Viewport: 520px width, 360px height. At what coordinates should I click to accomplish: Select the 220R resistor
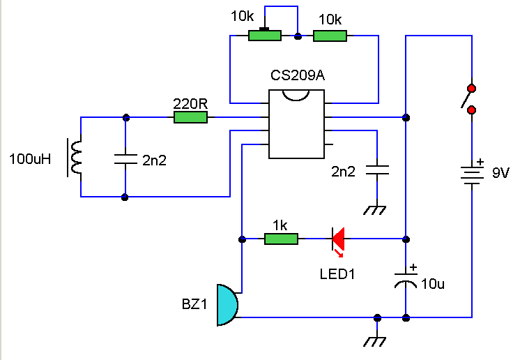point(190,118)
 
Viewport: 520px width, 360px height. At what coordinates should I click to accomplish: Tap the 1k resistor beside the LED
point(281,239)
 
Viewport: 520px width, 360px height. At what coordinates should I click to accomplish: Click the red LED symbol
point(339,239)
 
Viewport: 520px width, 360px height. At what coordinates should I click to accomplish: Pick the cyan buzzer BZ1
point(227,305)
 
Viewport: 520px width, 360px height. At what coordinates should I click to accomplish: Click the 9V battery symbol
point(473,172)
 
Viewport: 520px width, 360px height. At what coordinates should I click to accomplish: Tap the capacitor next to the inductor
point(125,158)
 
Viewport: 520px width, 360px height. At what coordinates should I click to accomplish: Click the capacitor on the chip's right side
point(377,170)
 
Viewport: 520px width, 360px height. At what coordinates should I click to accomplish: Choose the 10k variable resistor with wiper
point(265,35)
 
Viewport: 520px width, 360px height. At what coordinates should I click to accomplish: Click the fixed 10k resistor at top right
point(330,35)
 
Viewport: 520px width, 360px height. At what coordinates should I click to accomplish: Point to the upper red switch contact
point(472,89)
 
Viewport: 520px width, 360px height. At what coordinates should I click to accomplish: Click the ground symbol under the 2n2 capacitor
point(377,209)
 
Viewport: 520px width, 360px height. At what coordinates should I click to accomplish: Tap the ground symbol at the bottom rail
point(377,341)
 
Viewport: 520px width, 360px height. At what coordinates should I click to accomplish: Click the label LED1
point(337,274)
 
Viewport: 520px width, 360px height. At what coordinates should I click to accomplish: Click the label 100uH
point(30,159)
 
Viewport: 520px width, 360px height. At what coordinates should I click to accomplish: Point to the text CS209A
point(298,75)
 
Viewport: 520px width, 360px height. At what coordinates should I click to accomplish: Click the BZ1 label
point(194,304)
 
